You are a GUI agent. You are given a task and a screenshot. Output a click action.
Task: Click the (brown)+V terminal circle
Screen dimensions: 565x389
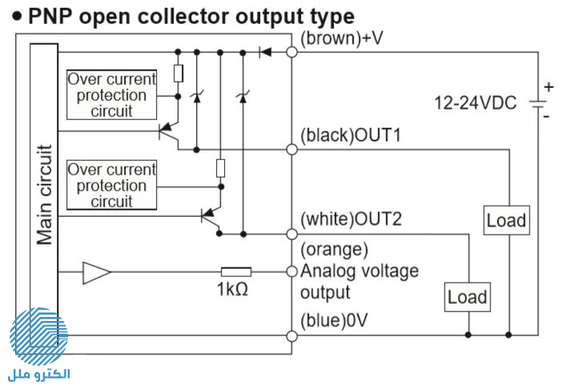coord(292,52)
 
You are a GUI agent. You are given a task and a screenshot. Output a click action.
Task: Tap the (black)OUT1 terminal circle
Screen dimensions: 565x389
coord(292,149)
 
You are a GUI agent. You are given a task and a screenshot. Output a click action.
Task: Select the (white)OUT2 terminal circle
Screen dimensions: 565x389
coord(292,234)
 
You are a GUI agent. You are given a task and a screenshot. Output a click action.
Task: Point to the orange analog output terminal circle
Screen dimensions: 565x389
coord(292,271)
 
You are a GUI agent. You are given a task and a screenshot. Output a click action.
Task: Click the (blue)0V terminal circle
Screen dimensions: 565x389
coord(292,336)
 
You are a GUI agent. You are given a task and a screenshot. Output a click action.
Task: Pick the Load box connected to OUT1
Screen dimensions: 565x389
coord(507,220)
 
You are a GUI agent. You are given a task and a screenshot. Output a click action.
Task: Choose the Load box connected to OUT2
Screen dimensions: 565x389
coord(467,297)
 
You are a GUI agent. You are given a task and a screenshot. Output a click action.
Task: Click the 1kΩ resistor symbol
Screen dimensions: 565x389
coord(236,272)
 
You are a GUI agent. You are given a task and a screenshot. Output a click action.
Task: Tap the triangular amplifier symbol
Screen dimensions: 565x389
coord(97,273)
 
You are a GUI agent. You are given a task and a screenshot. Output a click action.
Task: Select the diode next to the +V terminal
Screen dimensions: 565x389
coord(265,52)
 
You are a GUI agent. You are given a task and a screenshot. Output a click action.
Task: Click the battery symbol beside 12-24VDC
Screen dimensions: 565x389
coord(538,105)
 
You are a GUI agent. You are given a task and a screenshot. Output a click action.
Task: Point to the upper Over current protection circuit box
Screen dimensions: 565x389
coord(112,94)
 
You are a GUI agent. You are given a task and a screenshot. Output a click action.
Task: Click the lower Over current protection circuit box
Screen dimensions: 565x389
coord(112,185)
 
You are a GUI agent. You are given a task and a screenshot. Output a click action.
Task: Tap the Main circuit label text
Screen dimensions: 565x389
coord(44,194)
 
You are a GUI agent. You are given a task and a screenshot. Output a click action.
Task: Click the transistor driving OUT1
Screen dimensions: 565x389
coord(168,131)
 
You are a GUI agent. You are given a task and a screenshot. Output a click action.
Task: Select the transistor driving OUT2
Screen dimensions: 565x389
coord(210,216)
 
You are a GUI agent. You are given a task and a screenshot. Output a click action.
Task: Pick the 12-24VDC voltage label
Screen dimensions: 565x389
coord(475,102)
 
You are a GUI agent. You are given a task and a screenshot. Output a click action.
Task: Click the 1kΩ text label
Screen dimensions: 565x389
coord(232,289)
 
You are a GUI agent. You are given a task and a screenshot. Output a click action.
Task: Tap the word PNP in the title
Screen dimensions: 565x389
coord(51,17)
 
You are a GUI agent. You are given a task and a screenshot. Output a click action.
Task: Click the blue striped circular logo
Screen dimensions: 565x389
coord(38,336)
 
